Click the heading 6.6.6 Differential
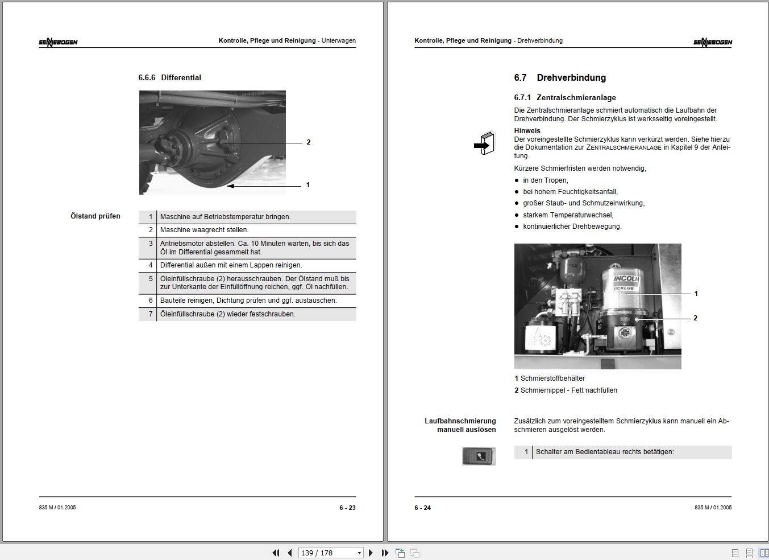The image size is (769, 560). point(169,77)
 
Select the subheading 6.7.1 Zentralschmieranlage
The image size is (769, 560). point(564,98)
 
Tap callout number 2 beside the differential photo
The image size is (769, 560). point(309,142)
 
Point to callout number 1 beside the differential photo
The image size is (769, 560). point(308,185)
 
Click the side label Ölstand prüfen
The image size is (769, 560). point(95,216)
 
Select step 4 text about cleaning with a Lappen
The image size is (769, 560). point(231,265)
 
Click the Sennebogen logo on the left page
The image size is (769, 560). point(58,42)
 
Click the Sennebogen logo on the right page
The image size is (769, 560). point(712,42)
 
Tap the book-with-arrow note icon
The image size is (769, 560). point(484,143)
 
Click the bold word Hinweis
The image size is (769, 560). point(527,131)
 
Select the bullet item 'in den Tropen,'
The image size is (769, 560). point(545,180)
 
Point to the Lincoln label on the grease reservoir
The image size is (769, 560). point(626,279)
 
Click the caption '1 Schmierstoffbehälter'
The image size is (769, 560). point(550,378)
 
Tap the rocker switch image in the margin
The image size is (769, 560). point(479,456)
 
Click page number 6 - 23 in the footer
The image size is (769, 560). point(347,508)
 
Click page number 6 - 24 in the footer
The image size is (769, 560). point(422,508)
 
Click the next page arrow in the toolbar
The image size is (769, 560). point(371,553)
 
